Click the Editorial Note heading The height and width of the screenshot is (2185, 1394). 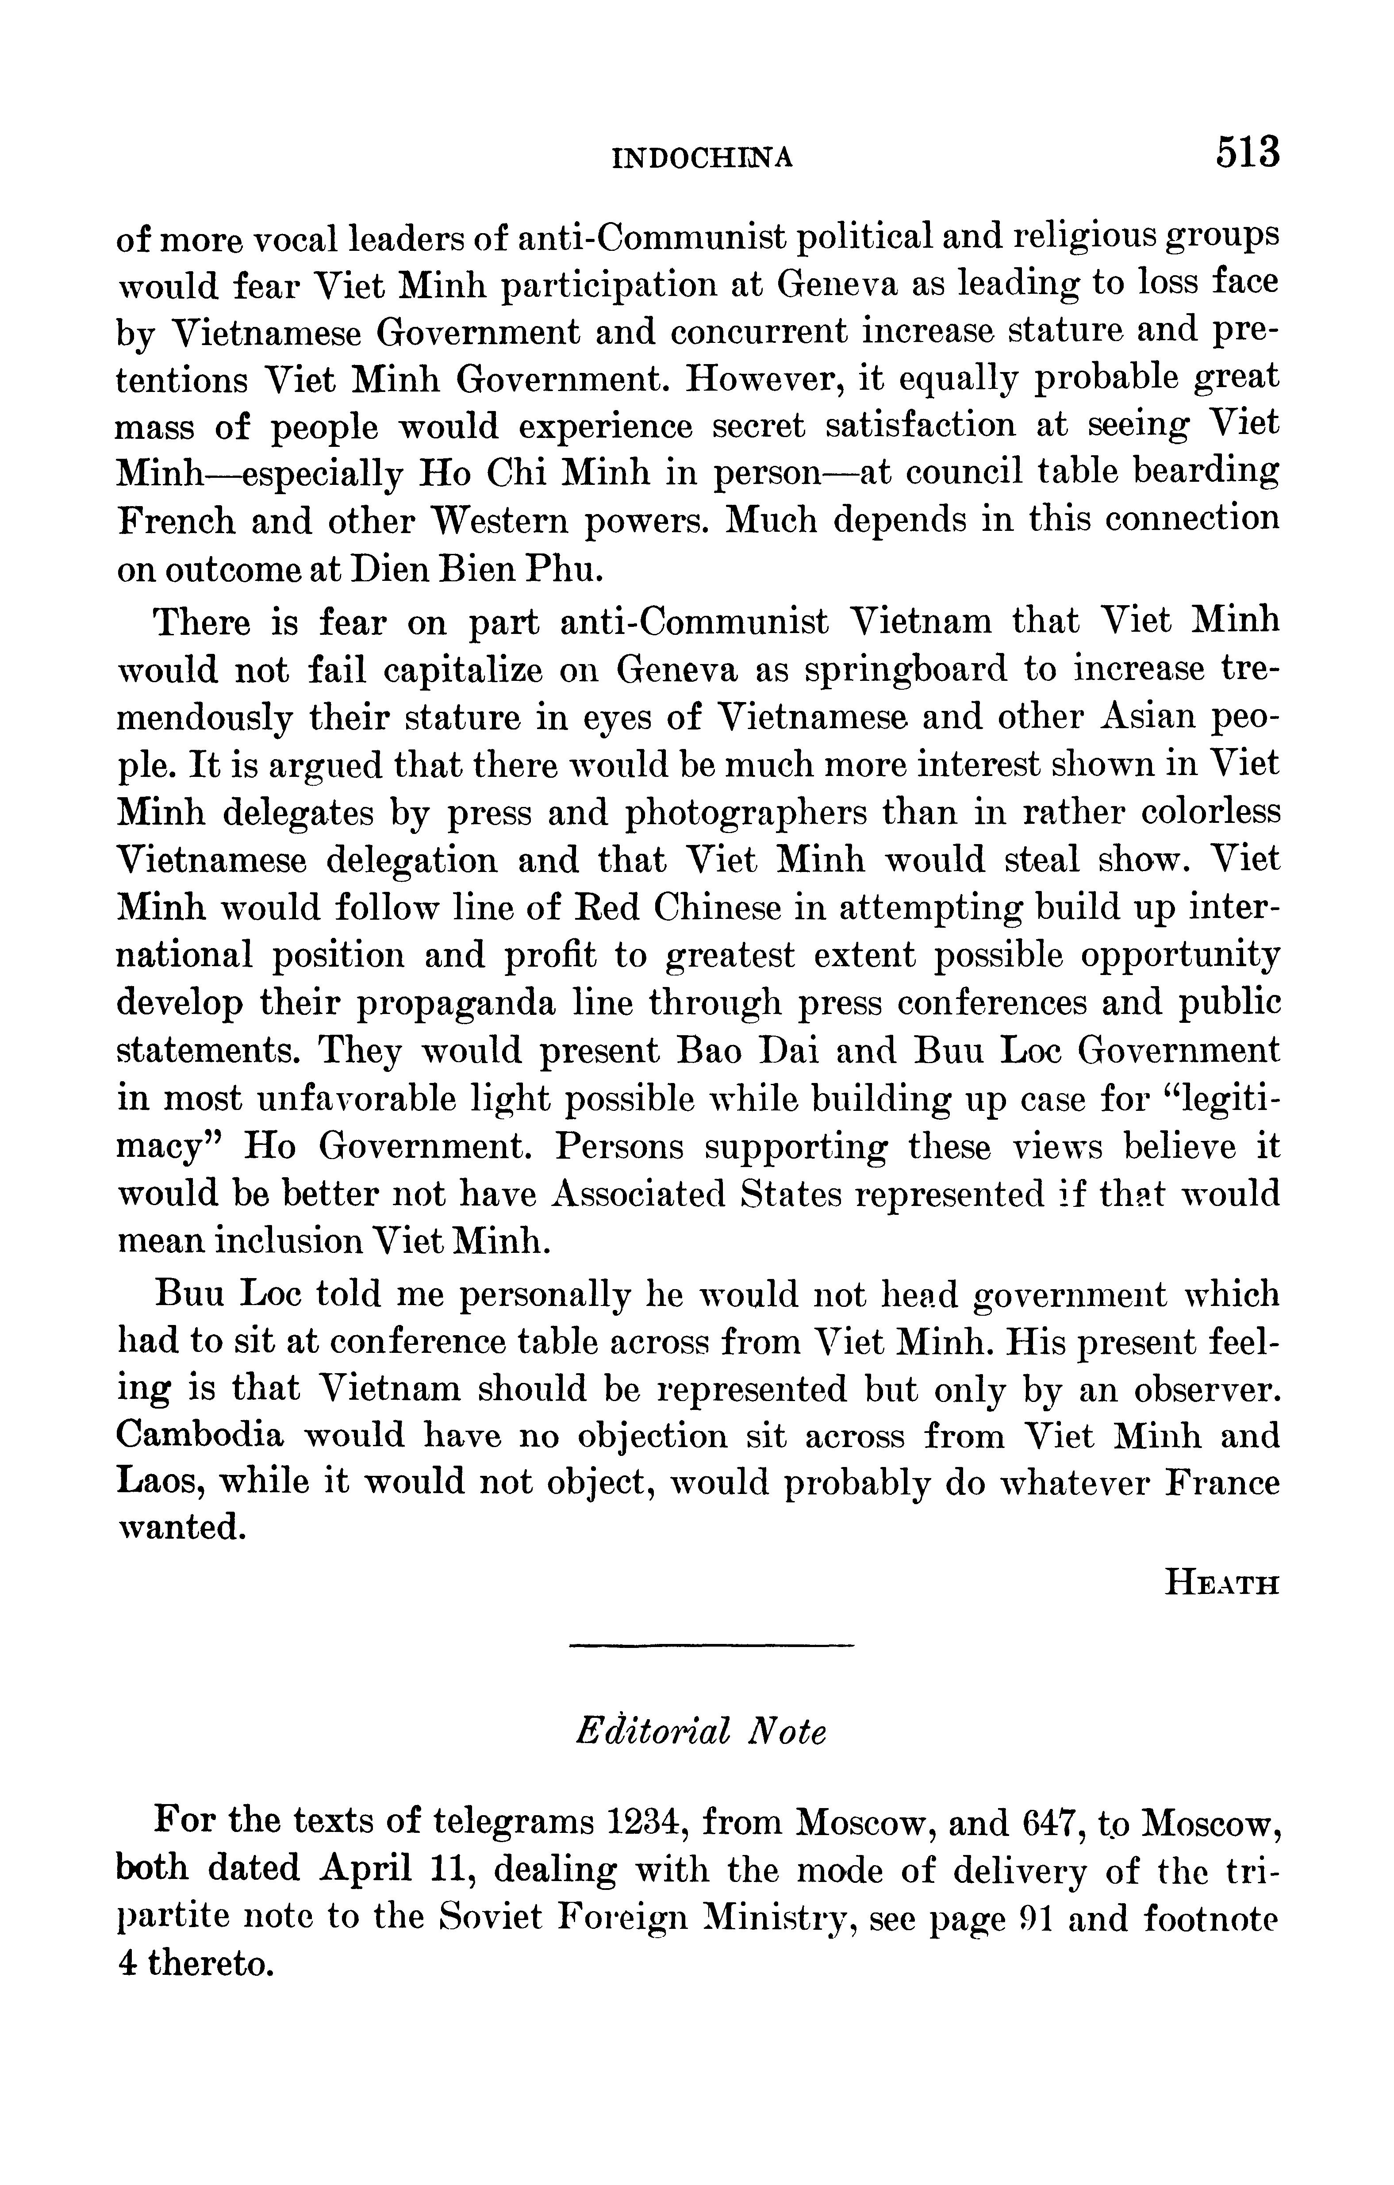click(x=701, y=1732)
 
